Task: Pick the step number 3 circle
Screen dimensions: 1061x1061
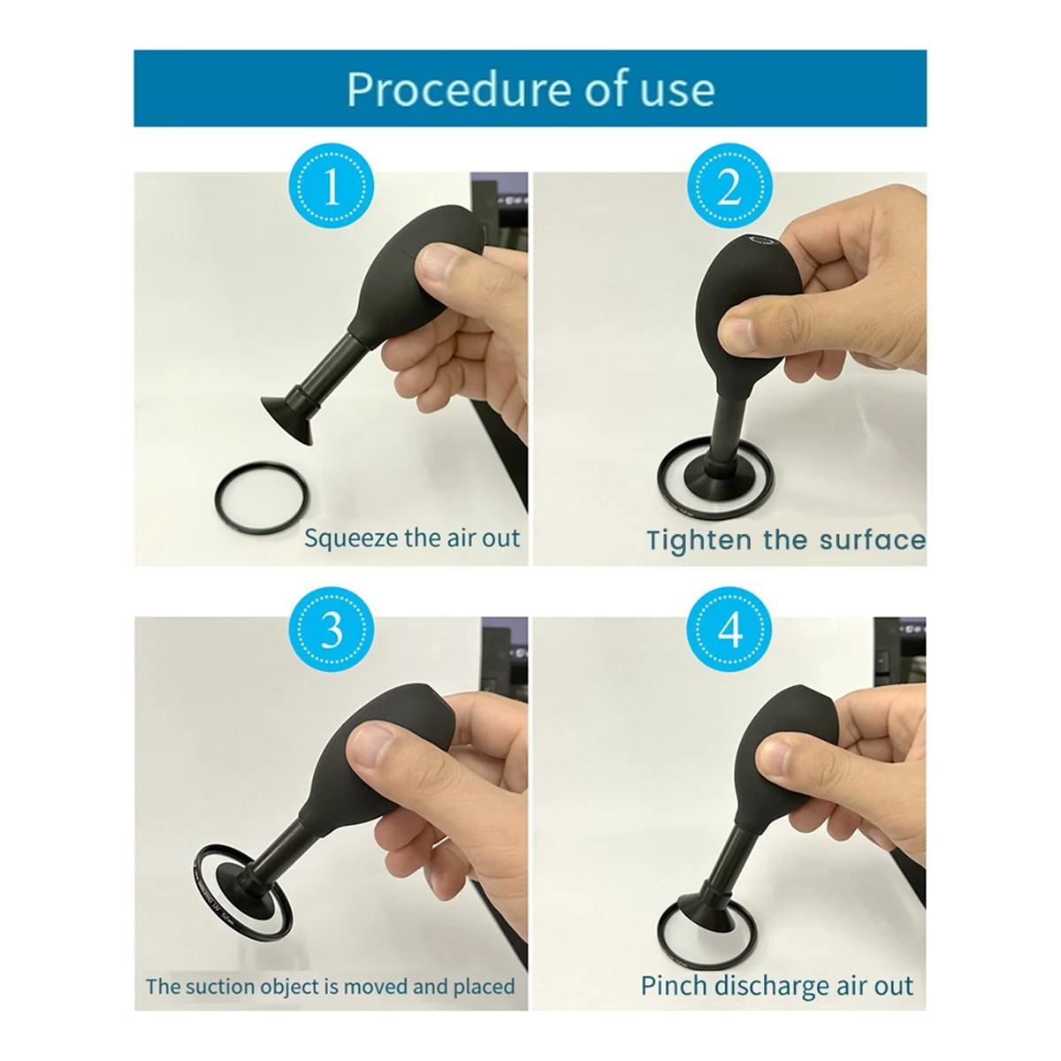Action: pyautogui.click(x=332, y=631)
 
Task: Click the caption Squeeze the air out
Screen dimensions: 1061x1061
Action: pyautogui.click(x=412, y=538)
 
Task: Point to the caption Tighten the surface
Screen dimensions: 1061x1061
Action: pyautogui.click(x=785, y=539)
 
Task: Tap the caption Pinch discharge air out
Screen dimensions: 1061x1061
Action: pyautogui.click(x=776, y=986)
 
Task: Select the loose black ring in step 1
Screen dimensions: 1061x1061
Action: pyautogui.click(x=263, y=500)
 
